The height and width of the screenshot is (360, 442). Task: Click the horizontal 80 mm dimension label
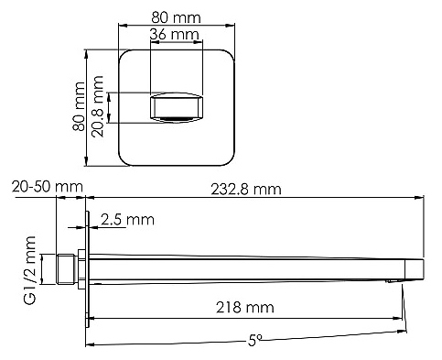177,17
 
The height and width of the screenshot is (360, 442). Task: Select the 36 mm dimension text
175,34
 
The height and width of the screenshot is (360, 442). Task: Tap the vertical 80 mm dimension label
79,106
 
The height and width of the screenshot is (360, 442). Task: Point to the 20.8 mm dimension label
98,106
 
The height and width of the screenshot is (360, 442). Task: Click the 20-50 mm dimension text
48,186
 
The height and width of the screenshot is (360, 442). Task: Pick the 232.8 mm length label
246,190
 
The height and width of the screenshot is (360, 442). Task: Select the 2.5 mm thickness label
127,220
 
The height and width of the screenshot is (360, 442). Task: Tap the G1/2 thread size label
30,270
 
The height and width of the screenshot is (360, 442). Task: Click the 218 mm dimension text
245,307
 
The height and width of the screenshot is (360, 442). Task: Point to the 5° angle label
254,340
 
